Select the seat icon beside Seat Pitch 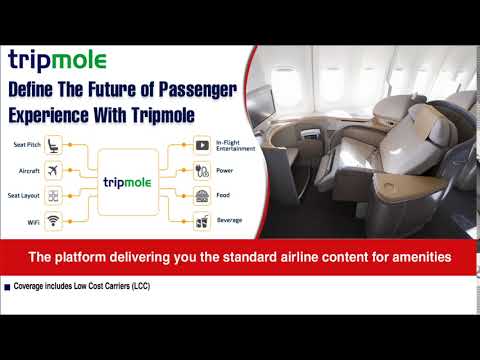pyautogui.click(x=53, y=143)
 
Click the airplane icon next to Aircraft pyautogui.click(x=53, y=169)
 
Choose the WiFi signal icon pyautogui.click(x=53, y=221)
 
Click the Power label pyautogui.click(x=224, y=169)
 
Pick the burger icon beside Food pyautogui.click(x=202, y=195)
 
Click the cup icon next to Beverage pyautogui.click(x=202, y=221)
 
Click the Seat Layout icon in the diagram pyautogui.click(x=53, y=195)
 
